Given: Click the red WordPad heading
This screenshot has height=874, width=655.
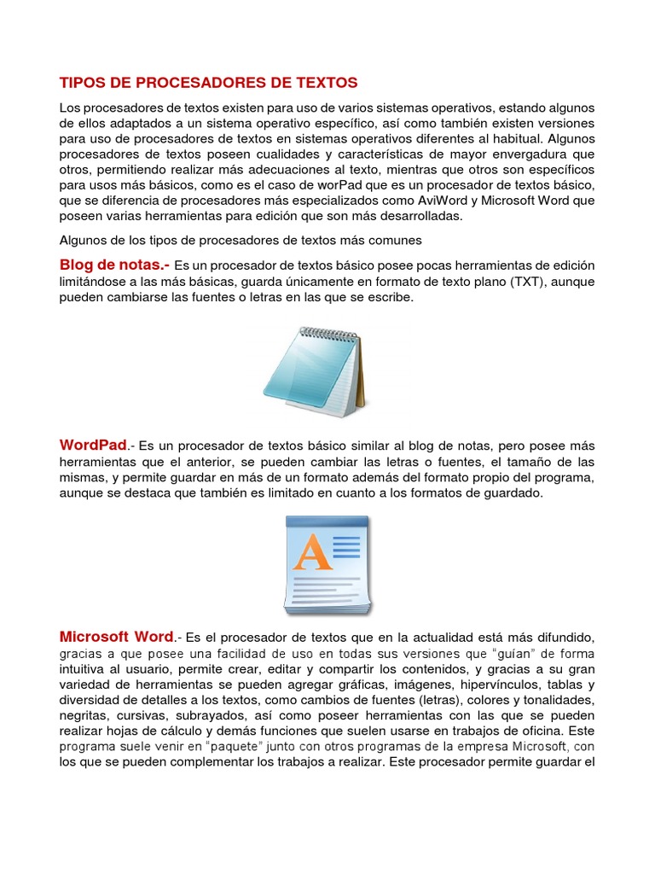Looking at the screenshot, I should tap(93, 445).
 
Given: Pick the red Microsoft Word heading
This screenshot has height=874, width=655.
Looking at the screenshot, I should tap(117, 637).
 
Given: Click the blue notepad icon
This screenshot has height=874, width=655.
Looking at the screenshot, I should tap(312, 372).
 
